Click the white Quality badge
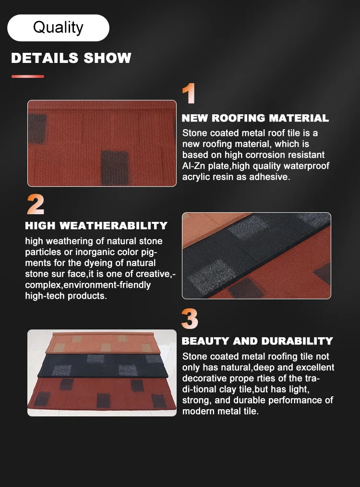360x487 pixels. point(59,28)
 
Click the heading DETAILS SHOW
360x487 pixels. point(72,58)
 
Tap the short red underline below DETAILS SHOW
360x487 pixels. point(28,76)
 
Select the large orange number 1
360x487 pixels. point(189,93)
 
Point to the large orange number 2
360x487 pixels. point(36,205)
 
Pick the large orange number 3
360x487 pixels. point(190,319)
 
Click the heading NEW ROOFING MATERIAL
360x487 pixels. point(255,118)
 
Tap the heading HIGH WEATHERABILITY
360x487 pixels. point(96,225)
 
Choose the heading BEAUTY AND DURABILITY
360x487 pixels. point(257,341)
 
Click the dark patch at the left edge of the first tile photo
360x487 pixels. point(37,128)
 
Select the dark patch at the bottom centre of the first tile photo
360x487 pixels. point(115,168)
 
